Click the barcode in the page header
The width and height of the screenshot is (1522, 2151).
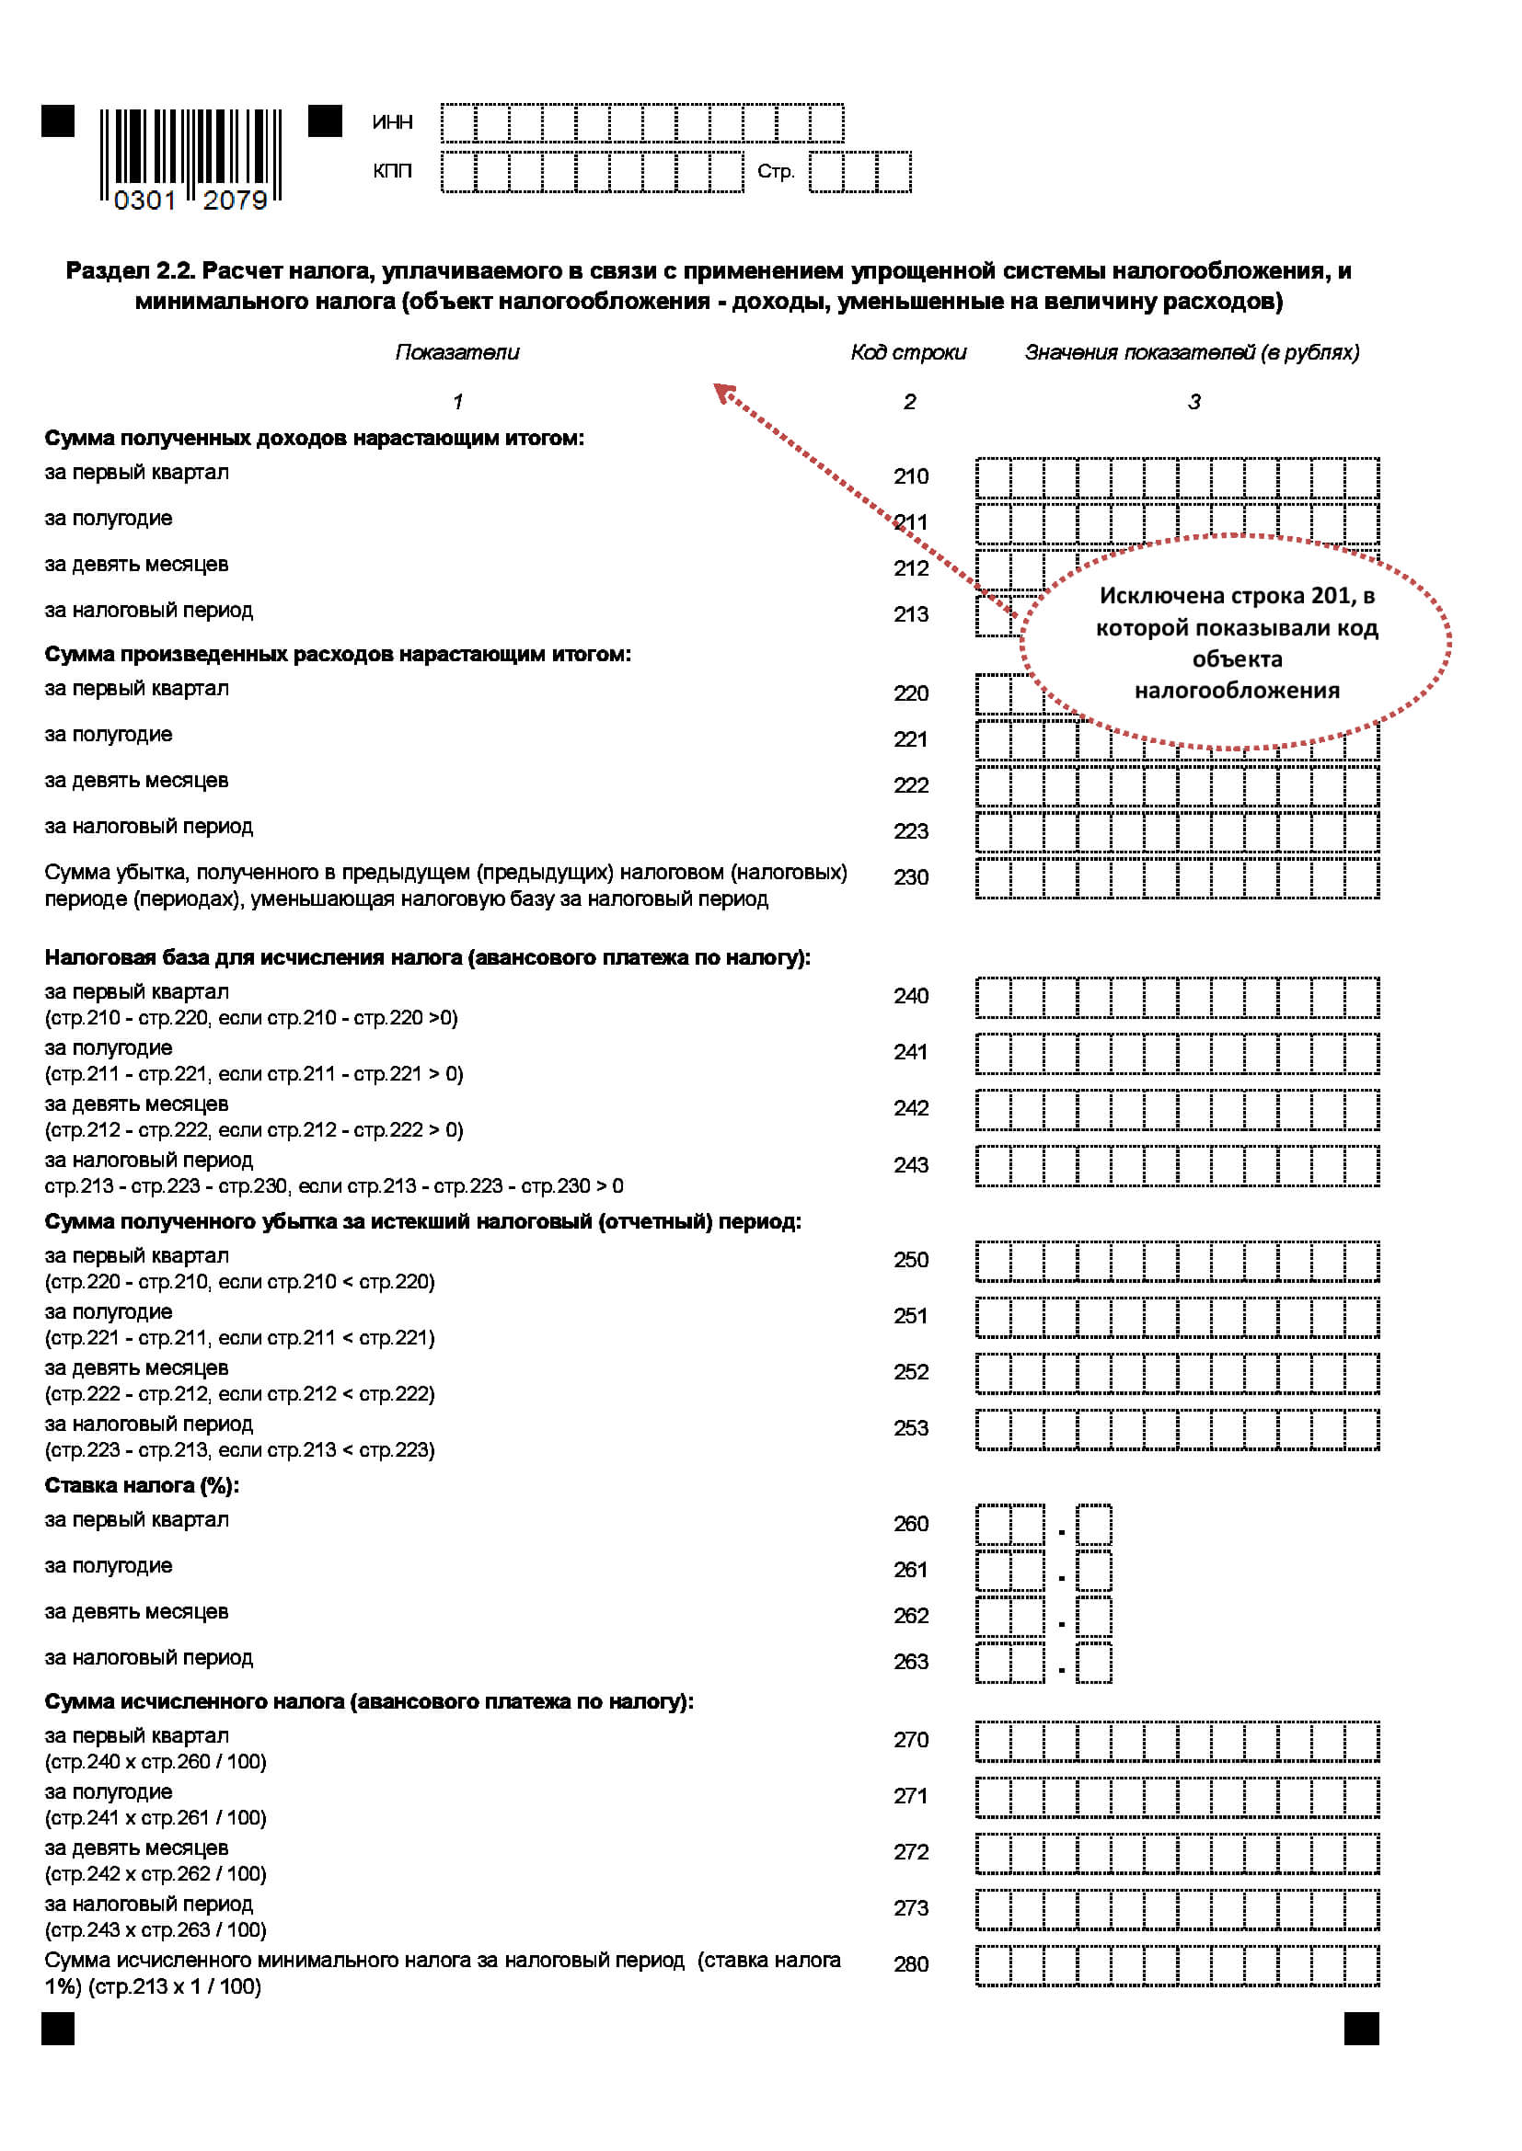pyautogui.click(x=190, y=156)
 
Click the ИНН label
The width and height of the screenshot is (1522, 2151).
pyautogui.click(x=392, y=122)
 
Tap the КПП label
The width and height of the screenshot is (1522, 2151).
pyautogui.click(x=392, y=171)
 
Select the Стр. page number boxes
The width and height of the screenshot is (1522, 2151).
pyautogui.click(x=859, y=172)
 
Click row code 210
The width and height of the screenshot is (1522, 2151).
pyautogui.click(x=910, y=477)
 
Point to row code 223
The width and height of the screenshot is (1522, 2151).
pyautogui.click(x=910, y=832)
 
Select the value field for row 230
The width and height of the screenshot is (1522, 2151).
pyautogui.click(x=1176, y=879)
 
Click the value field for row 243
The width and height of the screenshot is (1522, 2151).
pyautogui.click(x=1176, y=1166)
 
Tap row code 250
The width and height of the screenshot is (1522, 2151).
pyautogui.click(x=910, y=1260)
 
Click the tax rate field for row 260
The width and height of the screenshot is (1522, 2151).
pyautogui.click(x=1043, y=1525)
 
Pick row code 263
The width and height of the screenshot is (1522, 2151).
pyautogui.click(x=910, y=1662)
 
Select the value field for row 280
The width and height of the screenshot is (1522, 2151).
pyautogui.click(x=1176, y=1965)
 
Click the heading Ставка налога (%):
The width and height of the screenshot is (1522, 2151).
pyautogui.click(x=142, y=1486)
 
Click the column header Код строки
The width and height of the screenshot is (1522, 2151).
pyautogui.click(x=907, y=352)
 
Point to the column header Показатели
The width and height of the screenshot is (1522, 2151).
pyautogui.click(x=456, y=352)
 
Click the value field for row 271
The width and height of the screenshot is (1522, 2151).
pyautogui.click(x=1176, y=1797)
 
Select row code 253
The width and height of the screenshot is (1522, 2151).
pyautogui.click(x=910, y=1429)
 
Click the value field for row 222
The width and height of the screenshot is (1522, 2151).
pyautogui.click(x=1176, y=786)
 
